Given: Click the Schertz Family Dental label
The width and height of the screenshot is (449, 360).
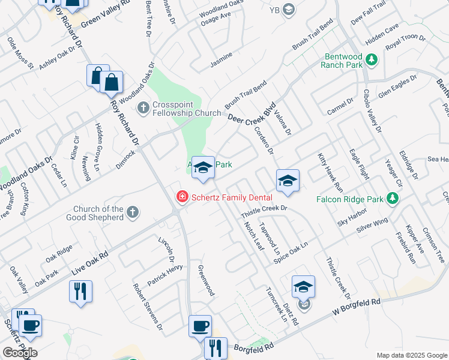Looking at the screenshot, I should click(232, 197).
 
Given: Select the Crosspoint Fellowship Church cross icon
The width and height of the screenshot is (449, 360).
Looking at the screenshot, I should click(143, 108).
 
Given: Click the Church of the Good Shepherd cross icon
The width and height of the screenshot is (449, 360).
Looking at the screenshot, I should click(133, 212).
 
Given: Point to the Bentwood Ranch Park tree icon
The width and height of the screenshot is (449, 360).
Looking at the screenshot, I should click(372, 60).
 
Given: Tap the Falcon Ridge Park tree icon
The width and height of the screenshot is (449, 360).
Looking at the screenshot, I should click(393, 198).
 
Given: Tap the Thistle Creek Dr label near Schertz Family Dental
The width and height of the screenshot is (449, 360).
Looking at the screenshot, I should click(265, 211).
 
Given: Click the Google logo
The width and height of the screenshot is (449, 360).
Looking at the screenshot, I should click(20, 353).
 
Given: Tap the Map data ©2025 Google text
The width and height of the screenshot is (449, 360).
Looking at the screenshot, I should click(411, 355).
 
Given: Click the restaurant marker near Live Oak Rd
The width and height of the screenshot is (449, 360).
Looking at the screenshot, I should click(80, 292).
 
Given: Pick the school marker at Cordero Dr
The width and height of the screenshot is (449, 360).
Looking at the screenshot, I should click(288, 181).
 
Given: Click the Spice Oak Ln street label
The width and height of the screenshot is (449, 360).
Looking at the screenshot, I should click(291, 251).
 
